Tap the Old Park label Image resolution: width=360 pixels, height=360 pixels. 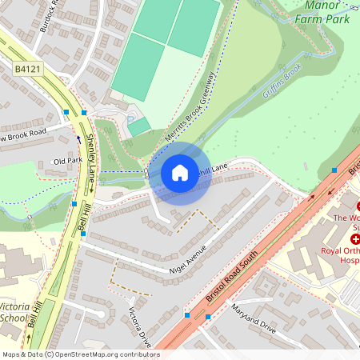coord(67,162)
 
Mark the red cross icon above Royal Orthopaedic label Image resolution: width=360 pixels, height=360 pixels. coord(355,239)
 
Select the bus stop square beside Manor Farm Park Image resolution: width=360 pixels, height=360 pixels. coord(334,170)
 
